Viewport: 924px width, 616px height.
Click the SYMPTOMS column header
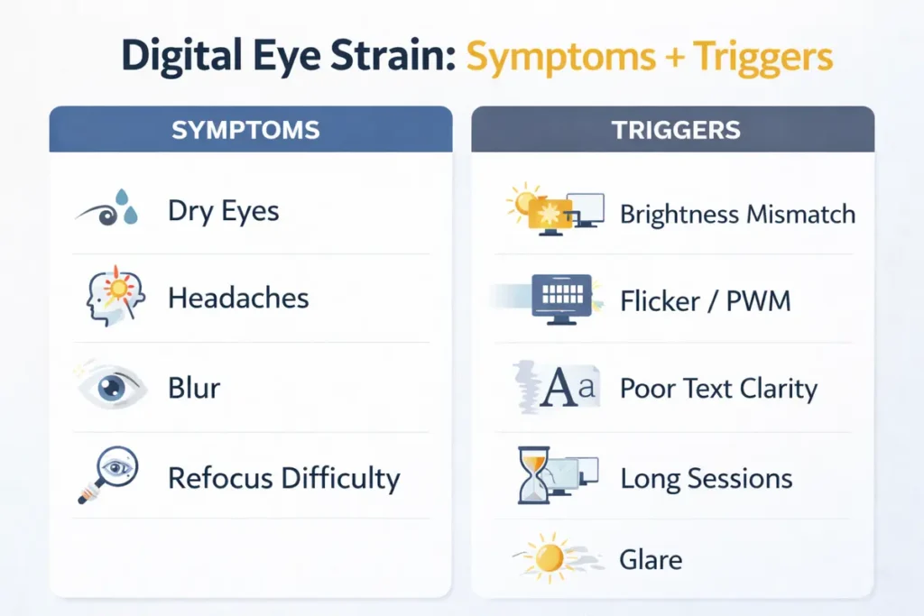pyautogui.click(x=245, y=129)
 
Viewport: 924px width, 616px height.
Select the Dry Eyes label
pyautogui.click(x=224, y=212)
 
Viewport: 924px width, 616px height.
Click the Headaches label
pyautogui.click(x=238, y=299)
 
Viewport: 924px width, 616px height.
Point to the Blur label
pyautogui.click(x=194, y=388)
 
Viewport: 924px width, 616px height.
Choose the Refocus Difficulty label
pyautogui.click(x=284, y=477)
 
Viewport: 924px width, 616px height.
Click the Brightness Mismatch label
pyautogui.click(x=737, y=215)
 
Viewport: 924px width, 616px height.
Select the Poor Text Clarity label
pyautogui.click(x=718, y=389)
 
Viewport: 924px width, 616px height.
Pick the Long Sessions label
pyautogui.click(x=707, y=478)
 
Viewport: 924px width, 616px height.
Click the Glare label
pyautogui.click(x=651, y=559)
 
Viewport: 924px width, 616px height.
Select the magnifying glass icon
pyautogui.click(x=106, y=475)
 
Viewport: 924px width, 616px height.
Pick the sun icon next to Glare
pyautogui.click(x=548, y=557)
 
